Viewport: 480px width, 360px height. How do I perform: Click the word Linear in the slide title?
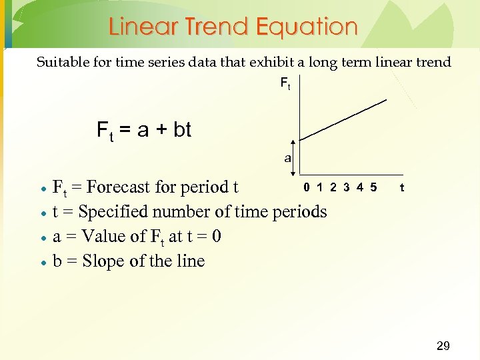click(140, 27)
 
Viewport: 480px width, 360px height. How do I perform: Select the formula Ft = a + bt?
click(144, 129)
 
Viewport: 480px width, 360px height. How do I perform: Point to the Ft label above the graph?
click(285, 85)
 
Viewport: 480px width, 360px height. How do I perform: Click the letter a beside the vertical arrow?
click(287, 159)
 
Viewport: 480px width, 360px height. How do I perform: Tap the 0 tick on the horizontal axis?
click(307, 187)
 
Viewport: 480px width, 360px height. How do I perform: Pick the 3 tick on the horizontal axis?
click(347, 187)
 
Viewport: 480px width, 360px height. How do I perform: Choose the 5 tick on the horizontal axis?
click(373, 187)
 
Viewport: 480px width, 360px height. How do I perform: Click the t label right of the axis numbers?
click(401, 188)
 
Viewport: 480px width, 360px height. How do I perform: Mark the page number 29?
click(443, 345)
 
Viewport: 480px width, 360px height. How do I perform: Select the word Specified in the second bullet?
click(113, 212)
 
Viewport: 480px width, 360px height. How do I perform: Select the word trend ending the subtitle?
click(433, 63)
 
